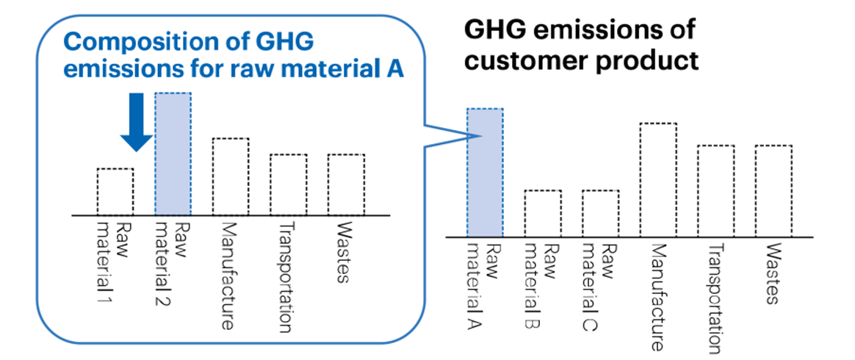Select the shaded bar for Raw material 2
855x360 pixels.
173,154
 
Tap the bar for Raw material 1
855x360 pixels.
115,192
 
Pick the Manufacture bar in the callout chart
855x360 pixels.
231,176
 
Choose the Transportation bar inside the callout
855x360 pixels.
288,184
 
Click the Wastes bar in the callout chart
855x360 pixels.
345,184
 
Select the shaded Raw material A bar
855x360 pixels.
485,173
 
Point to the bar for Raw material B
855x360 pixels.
543,213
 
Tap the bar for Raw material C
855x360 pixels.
600,213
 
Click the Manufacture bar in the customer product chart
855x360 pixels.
658,180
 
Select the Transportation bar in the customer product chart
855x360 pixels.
715,191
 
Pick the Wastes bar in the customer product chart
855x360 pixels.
773,191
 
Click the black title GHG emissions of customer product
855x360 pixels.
580,46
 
